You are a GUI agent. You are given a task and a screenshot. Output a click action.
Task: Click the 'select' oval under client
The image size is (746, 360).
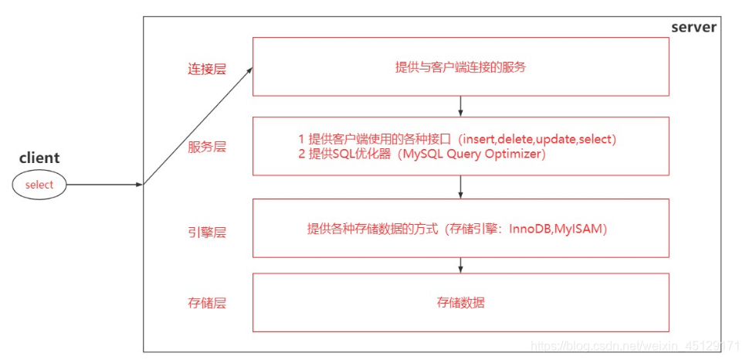pos(39,185)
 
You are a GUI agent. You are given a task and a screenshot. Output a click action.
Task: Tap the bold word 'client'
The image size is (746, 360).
pos(39,158)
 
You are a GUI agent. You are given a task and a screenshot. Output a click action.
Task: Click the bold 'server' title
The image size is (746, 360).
pos(693,27)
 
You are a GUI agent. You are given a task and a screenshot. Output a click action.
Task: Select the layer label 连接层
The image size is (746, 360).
pos(206,69)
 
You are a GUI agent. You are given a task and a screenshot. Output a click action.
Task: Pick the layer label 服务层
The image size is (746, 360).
pos(206,147)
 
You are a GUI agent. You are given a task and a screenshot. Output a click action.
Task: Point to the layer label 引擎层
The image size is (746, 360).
pos(206,232)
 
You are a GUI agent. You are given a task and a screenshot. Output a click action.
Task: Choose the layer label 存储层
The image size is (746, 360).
pos(206,303)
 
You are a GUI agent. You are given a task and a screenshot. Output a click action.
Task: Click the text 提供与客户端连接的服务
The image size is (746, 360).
pos(460,67)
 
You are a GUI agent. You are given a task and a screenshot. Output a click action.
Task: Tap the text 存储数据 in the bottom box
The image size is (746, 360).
pos(460,303)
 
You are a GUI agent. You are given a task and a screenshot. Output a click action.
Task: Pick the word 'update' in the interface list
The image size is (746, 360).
pos(556,139)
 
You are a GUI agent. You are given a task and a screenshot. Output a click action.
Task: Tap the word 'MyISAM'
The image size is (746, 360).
pos(580,229)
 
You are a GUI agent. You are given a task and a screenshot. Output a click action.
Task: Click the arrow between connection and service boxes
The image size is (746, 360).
pos(460,106)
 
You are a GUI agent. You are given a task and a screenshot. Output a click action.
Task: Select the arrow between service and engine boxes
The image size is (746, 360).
pos(460,186)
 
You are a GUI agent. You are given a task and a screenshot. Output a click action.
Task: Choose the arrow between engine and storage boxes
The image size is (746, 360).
pos(460,265)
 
